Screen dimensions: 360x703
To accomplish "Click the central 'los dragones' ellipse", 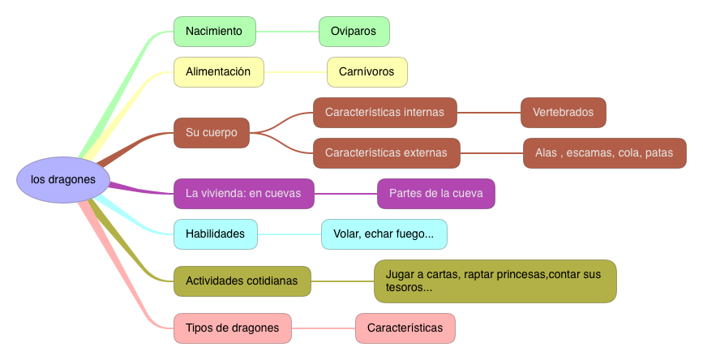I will pos(62,179).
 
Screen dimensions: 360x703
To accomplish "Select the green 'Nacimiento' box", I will pos(214,32).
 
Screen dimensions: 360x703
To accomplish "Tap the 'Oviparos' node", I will pos(354,32).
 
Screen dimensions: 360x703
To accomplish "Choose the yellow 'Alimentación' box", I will pos(218,71).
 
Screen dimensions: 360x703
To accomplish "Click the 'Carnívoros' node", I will pos(367,71).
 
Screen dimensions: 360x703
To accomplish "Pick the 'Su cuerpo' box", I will pos(212,132).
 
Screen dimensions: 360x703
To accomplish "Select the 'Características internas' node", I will pos(384,113).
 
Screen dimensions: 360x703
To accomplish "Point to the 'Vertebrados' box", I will pos(563,113).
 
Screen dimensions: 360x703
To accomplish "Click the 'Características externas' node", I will pos(386,152).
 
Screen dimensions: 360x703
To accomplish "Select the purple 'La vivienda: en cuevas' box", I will pos(243,194).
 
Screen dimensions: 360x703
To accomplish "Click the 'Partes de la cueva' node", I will pos(435,194).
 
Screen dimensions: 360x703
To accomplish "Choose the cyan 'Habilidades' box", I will pos(215,234).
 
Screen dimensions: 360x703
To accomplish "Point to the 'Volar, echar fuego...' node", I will pos(384,234).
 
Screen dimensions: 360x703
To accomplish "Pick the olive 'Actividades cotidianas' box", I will pos(242,281).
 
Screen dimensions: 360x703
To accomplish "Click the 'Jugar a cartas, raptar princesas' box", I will pos(495,281).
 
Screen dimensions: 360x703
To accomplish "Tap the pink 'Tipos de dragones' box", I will pos(232,328).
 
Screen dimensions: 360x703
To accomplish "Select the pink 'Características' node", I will pos(405,328).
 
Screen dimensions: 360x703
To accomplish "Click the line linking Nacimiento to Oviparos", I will pos(287,32).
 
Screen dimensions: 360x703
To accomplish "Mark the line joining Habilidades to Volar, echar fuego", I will pos(289,234).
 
